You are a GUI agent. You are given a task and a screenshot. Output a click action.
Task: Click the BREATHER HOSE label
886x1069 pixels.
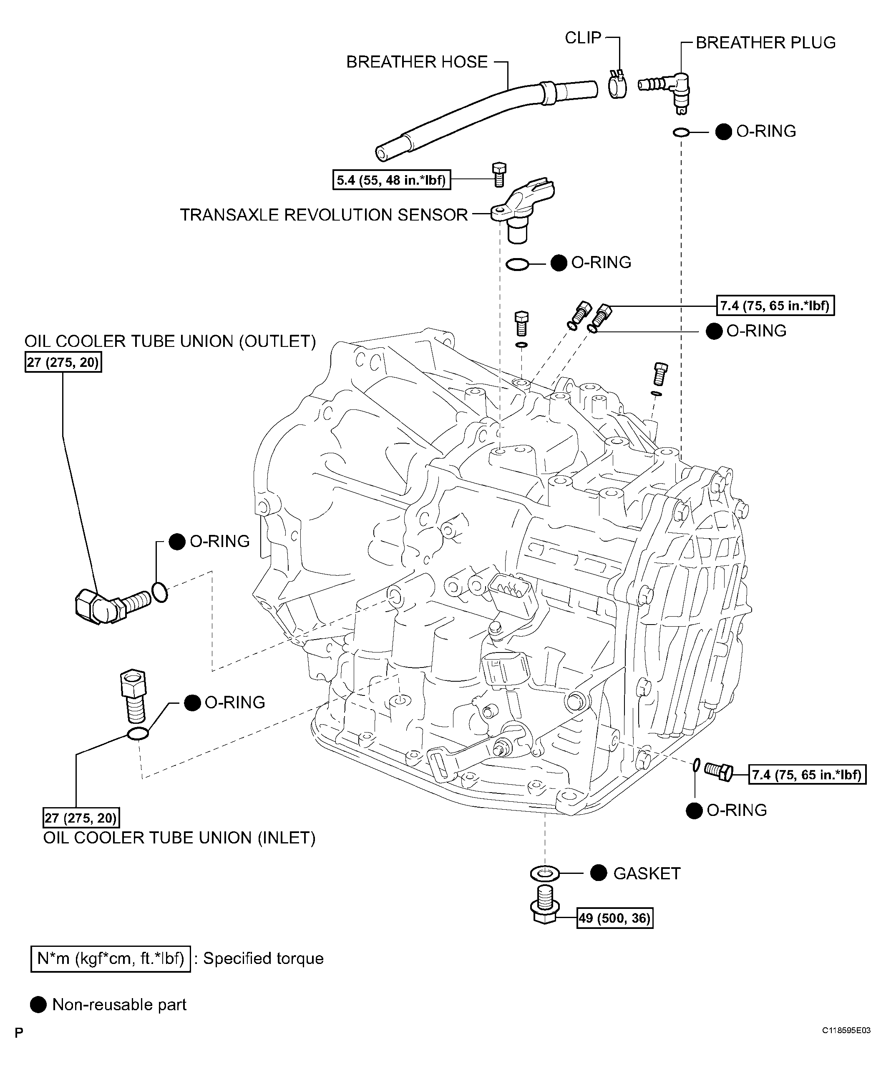417,62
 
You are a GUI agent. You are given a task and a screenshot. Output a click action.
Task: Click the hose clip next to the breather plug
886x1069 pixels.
617,85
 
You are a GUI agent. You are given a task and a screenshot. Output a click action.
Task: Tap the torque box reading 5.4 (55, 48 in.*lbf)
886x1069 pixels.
392,180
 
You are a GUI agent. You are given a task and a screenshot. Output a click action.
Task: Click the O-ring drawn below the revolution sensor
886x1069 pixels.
517,264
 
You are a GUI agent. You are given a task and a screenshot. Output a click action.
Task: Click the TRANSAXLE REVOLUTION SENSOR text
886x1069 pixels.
324,215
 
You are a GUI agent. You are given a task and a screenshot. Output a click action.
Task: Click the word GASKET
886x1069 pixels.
647,873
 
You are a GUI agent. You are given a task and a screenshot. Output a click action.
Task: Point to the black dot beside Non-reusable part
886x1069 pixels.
39,1004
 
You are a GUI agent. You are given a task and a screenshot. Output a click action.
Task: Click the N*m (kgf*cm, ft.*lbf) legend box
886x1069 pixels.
111,959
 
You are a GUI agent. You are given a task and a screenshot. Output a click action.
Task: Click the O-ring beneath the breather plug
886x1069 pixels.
681,132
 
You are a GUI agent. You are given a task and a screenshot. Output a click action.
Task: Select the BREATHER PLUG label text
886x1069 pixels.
765,43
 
